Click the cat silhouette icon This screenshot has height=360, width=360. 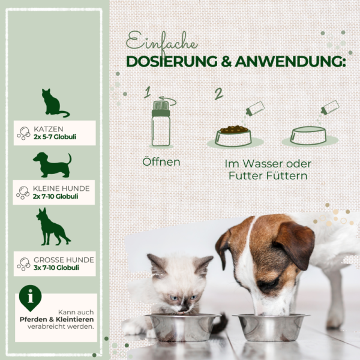click(53, 104)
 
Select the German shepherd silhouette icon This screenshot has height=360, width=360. click(52, 227)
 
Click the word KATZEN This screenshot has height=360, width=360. click(49, 129)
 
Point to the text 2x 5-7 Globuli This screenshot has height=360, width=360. click(55, 137)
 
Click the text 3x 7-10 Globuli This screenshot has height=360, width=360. click(56, 268)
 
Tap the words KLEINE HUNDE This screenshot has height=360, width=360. click(61, 188)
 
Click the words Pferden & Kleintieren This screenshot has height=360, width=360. click(57, 319)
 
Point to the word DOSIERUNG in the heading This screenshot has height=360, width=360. click(172, 62)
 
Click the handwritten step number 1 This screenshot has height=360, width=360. click(147, 92)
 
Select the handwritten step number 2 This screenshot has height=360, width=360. click(219, 94)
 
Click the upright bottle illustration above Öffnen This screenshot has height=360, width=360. click(161, 123)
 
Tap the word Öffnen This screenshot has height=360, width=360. click(161, 161)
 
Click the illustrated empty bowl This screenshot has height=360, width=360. click(308, 136)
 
